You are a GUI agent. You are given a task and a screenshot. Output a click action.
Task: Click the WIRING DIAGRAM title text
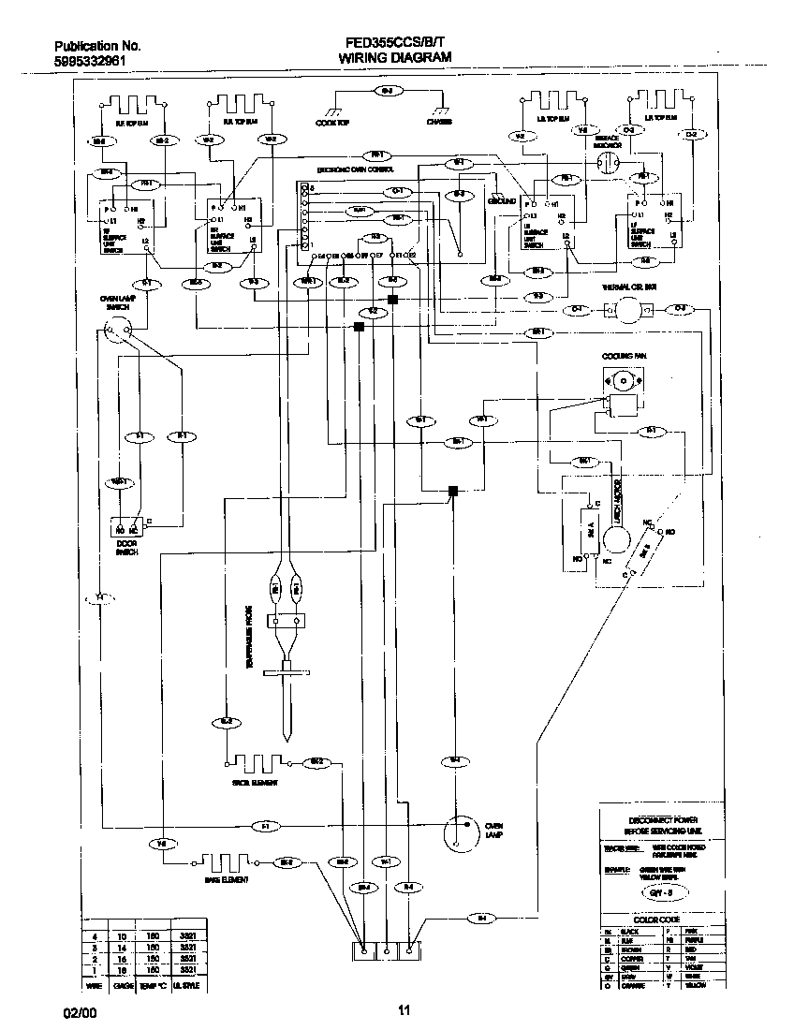(x=394, y=57)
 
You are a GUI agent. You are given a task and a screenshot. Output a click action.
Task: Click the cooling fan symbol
(x=621, y=383)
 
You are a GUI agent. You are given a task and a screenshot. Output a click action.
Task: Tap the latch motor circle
(x=616, y=538)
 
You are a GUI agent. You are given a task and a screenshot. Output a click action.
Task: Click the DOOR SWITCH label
(x=127, y=548)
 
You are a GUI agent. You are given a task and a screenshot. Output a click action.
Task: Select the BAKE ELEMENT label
(x=227, y=881)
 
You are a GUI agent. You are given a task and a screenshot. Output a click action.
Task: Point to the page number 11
(x=404, y=1009)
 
